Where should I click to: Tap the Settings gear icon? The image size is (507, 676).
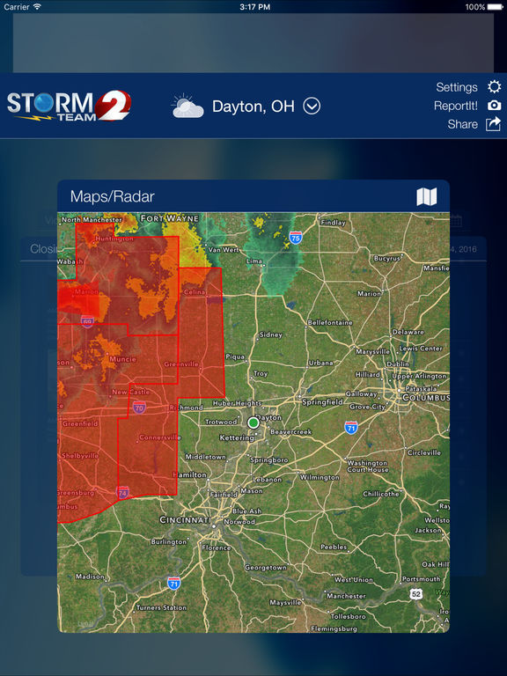click(495, 87)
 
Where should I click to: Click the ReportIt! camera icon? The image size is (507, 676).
click(495, 106)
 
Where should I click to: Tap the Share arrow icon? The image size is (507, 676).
click(494, 124)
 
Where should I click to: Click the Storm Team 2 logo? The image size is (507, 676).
click(69, 106)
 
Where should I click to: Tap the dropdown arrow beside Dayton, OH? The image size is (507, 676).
click(312, 107)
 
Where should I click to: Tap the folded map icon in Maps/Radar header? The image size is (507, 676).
click(427, 196)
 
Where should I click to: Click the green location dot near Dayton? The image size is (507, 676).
click(253, 423)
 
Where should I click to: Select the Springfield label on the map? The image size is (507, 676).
click(322, 401)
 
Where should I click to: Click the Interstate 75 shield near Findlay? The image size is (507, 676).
click(296, 238)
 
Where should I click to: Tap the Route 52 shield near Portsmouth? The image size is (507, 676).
click(415, 595)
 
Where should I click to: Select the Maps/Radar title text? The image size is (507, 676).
click(112, 196)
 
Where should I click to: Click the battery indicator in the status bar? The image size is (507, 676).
click(495, 7)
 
